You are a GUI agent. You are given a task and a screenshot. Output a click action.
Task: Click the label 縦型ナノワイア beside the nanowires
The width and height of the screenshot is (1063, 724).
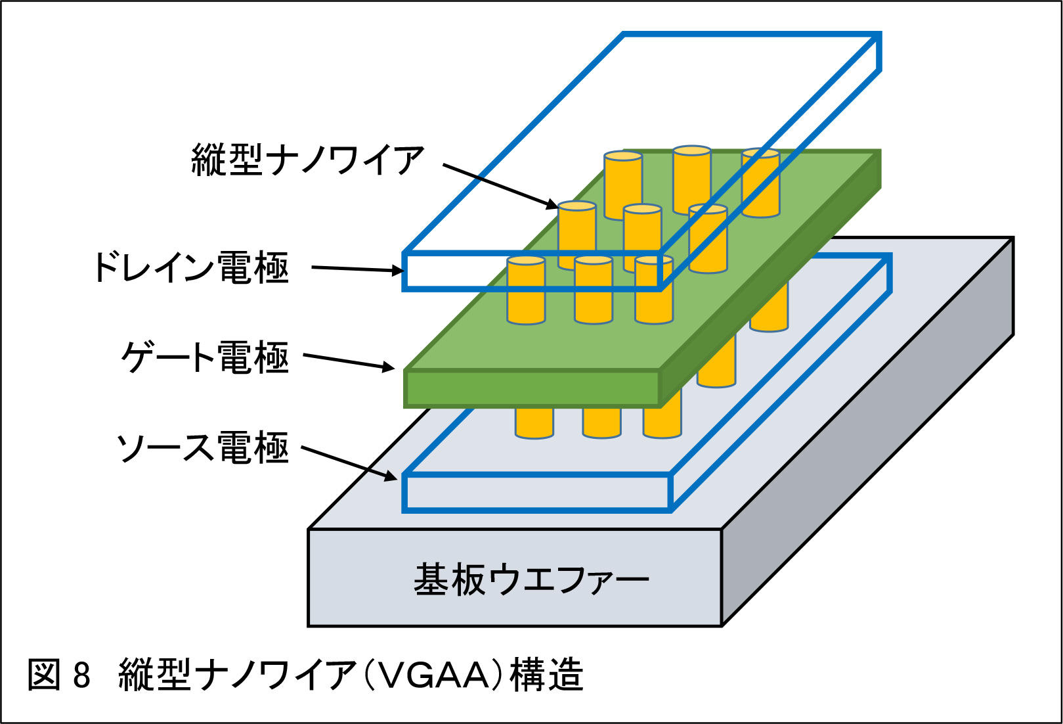(x=308, y=160)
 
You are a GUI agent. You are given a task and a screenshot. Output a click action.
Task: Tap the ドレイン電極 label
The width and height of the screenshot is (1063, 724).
(x=191, y=267)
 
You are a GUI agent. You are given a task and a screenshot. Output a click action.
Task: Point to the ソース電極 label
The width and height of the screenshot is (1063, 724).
(x=202, y=447)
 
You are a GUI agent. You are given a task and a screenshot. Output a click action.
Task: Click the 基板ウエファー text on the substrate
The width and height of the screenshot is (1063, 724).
(x=531, y=579)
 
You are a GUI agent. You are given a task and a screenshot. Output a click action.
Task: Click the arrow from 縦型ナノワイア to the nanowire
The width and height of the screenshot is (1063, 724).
(x=499, y=186)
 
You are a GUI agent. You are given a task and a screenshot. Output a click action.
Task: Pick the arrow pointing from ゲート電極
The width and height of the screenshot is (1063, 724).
(x=348, y=361)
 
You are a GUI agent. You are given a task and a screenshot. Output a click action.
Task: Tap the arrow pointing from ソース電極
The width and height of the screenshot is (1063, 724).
(x=349, y=463)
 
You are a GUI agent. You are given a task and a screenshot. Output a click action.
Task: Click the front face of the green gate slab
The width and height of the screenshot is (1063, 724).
(x=532, y=388)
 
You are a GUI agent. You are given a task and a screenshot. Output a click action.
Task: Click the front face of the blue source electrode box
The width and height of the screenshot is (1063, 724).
(x=536, y=492)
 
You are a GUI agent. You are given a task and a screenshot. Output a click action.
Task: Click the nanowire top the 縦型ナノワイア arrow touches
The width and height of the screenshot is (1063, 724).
(x=576, y=206)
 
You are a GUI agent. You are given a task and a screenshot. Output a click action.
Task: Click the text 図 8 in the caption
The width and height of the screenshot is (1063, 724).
(x=59, y=675)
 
